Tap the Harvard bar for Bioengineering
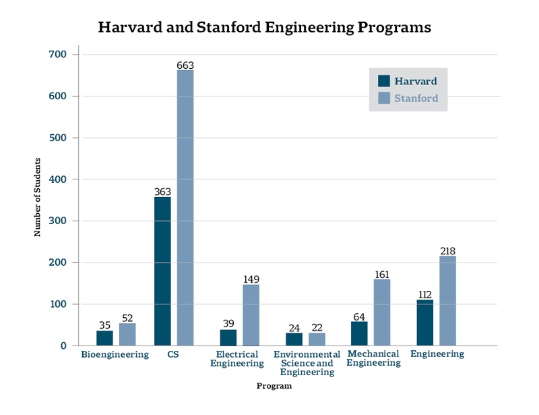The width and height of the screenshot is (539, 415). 104,338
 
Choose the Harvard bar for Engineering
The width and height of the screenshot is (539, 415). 424,323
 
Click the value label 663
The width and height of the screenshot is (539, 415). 185,65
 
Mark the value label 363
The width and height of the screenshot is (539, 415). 162,192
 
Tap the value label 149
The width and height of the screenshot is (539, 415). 251,279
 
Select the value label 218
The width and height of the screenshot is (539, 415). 447,251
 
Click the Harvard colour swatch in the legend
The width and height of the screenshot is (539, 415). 384,81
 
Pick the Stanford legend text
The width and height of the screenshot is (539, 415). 416,99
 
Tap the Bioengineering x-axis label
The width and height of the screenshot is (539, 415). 115,354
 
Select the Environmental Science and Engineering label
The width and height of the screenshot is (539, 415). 307,363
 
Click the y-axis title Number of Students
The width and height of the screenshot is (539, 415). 38,197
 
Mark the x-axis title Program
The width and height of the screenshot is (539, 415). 274,387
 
